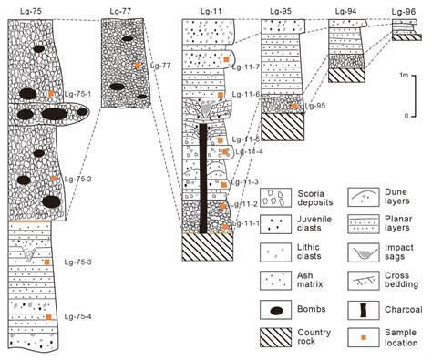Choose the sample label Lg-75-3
77,262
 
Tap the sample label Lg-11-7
248,67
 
